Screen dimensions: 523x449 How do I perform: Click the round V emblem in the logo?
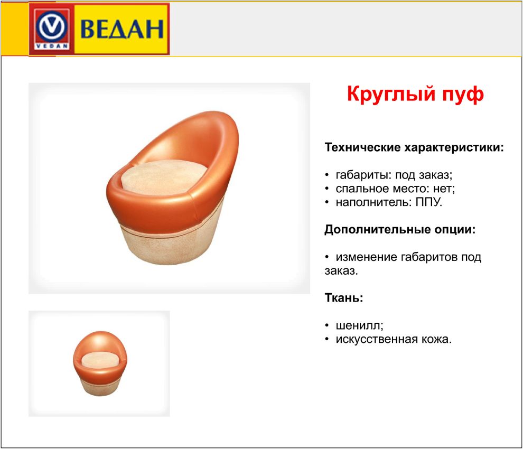pos(52,26)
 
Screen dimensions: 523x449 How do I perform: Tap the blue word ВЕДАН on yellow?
pos(122,29)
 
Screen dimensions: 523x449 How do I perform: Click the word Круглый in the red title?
pos(391,94)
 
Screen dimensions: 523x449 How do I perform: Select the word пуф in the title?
pos(463,95)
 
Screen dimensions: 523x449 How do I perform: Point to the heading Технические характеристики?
pos(414,147)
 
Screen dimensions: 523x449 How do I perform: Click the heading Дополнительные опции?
pos(400,229)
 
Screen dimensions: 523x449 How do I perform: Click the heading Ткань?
pos(344,297)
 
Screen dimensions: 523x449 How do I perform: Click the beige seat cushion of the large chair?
pos(163,177)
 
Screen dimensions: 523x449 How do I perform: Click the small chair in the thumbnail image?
pos(100,363)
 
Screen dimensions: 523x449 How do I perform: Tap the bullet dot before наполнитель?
pos(327,202)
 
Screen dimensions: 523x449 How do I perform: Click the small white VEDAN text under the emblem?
pos(52,46)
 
